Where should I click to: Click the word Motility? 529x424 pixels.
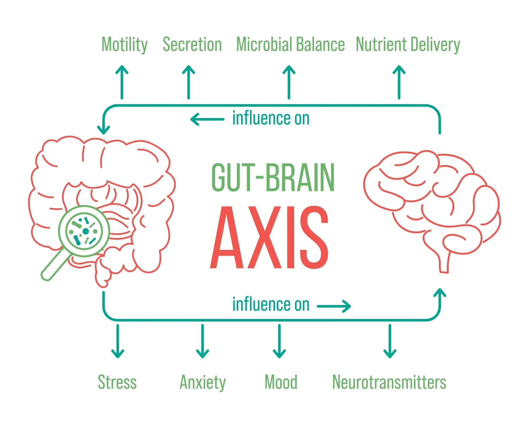(x=125, y=45)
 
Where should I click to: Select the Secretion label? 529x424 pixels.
(x=192, y=45)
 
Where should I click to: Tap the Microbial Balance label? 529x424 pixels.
(x=290, y=45)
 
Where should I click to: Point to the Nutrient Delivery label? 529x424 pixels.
(x=408, y=45)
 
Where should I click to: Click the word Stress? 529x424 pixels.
(x=117, y=382)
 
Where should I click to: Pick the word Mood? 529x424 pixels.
(x=281, y=382)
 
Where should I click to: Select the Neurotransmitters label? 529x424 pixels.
(x=389, y=382)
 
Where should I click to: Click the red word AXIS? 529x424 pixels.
(x=269, y=238)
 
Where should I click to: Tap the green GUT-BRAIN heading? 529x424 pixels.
(x=273, y=177)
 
